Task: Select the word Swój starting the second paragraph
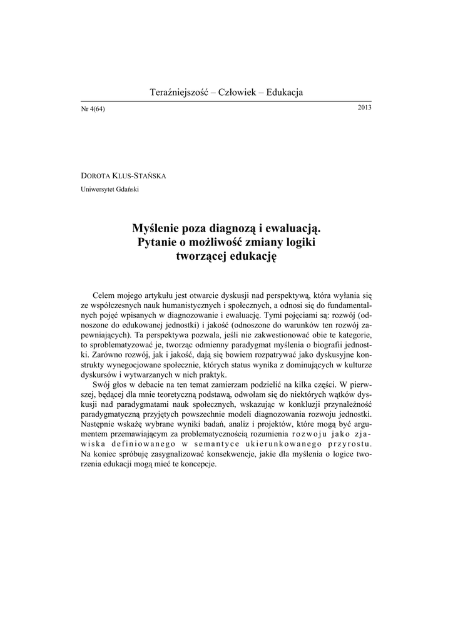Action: click(102, 384)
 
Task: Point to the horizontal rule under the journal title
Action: click(226, 101)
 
